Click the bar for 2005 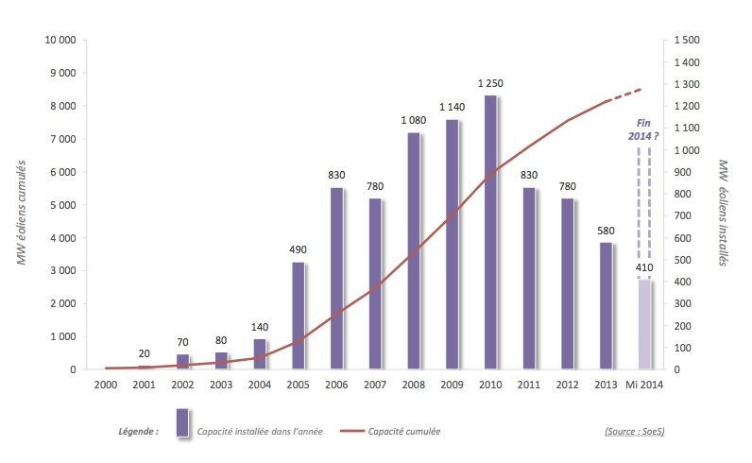pyautogui.click(x=298, y=316)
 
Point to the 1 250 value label pyautogui.click(x=490, y=84)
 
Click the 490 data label pyautogui.click(x=298, y=250)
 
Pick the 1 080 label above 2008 pyautogui.click(x=414, y=121)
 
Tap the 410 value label pyautogui.click(x=645, y=268)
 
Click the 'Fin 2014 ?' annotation pyautogui.click(x=644, y=130)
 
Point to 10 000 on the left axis pyautogui.click(x=59, y=41)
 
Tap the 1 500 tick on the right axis pyautogui.click(x=688, y=41)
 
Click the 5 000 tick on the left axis pyautogui.click(x=62, y=205)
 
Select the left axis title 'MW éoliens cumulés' pyautogui.click(x=21, y=213)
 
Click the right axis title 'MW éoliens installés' pyautogui.click(x=726, y=213)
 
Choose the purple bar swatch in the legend pyautogui.click(x=182, y=422)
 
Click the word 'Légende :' pyautogui.click(x=138, y=432)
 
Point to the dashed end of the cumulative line pyautogui.click(x=625, y=94)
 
